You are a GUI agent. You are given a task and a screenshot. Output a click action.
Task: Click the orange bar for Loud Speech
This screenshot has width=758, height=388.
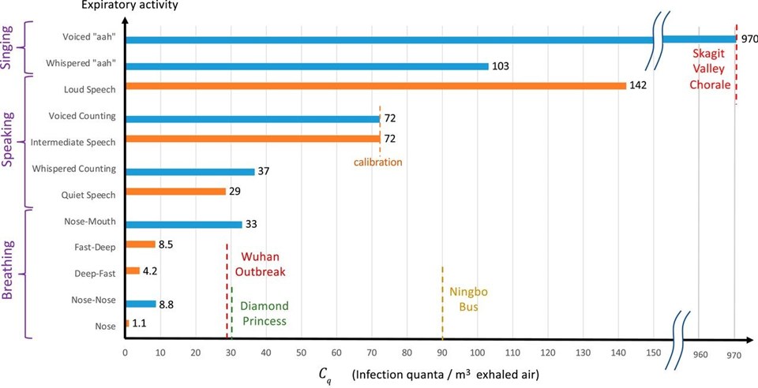375,86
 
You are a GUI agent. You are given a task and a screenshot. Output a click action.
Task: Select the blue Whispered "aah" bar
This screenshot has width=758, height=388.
306,66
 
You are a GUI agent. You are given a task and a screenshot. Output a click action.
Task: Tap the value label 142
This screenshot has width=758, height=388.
638,86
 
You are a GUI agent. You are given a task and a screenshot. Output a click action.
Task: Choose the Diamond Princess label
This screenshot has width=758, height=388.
264,313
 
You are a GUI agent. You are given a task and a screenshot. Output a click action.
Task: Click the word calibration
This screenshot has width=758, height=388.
378,162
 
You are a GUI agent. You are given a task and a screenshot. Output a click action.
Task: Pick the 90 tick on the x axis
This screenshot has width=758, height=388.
442,354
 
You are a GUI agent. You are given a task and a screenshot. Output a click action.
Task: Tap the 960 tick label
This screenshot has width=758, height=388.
700,355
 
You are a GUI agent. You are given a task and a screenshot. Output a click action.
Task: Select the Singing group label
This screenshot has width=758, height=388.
11,47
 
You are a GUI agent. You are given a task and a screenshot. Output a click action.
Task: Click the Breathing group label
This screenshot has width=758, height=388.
11,274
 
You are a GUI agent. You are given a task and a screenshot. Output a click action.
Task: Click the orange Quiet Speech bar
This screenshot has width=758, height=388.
175,192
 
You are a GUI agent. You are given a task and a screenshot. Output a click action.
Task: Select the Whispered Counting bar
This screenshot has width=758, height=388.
189,171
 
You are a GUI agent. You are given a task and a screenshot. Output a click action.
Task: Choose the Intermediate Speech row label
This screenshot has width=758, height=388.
73,142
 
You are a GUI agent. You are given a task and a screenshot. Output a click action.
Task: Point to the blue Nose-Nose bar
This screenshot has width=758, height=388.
141,304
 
